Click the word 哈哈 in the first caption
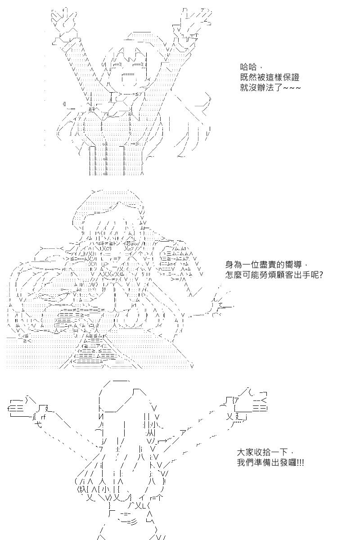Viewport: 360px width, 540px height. click(248, 67)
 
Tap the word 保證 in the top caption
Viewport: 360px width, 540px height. click(291, 77)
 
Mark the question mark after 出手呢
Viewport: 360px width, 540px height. click(321, 275)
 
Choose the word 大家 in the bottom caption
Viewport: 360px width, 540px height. click(245, 453)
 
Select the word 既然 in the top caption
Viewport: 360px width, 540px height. click(248, 77)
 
